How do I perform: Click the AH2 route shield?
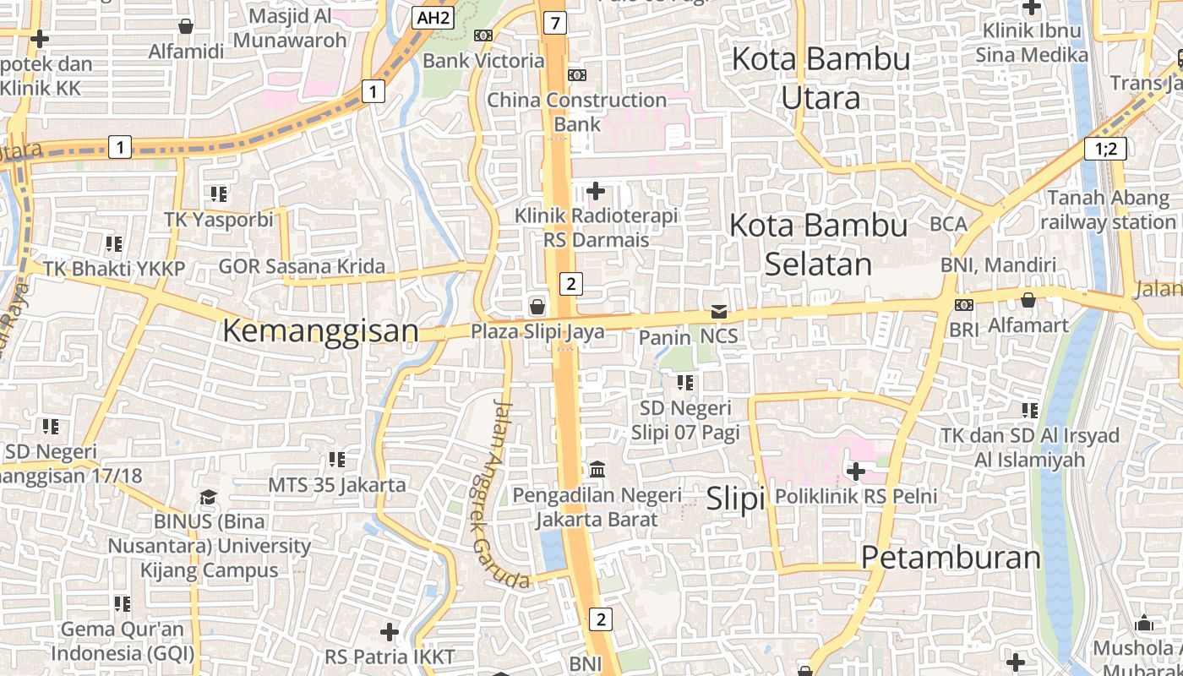coord(433,17)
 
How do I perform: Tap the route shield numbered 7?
coord(553,23)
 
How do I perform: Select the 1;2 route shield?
coord(1105,150)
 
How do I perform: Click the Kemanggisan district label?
coord(320,330)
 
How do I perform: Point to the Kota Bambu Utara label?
coord(820,79)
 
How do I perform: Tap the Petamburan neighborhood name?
coord(951,558)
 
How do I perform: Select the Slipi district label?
coord(735,498)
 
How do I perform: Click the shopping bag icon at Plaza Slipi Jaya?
coord(537,305)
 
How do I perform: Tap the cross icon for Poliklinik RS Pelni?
coord(856,471)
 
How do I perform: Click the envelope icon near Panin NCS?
coord(718,312)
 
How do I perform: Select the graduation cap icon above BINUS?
coord(208,497)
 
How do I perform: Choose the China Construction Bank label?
coord(577,112)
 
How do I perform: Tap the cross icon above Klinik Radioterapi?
coord(596,191)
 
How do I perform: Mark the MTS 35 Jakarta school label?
coord(336,485)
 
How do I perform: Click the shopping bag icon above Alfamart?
coord(1028,300)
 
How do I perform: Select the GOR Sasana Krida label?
coord(302,267)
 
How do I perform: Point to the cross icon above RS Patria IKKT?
coord(389,631)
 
